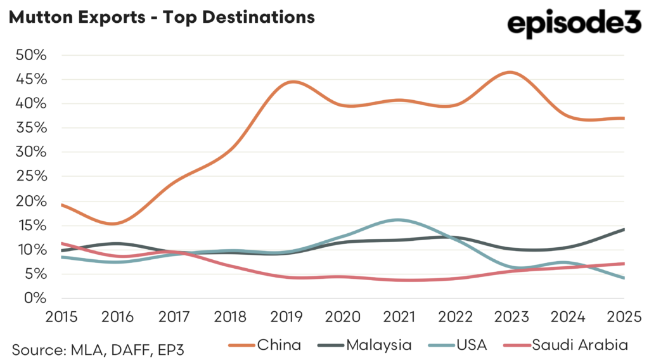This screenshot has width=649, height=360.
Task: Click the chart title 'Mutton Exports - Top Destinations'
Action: tap(161, 17)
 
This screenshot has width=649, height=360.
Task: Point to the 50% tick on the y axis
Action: tap(31, 55)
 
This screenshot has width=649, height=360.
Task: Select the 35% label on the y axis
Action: tap(31, 128)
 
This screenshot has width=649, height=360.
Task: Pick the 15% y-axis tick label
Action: tap(31, 226)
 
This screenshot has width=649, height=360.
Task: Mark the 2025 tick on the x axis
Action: tap(624, 316)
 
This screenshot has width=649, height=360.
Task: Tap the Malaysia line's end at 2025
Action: tap(624, 229)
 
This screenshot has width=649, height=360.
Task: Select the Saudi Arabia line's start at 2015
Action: tap(61, 243)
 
